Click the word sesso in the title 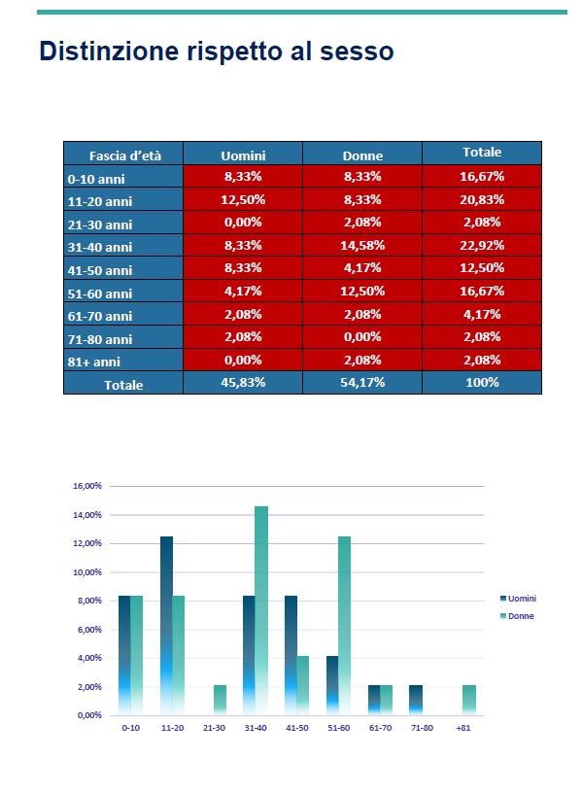[x=357, y=52]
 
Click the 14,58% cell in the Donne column [x=362, y=245]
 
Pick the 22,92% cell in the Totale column [x=481, y=245]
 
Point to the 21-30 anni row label [x=100, y=224]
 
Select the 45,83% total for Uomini [x=243, y=382]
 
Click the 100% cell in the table [x=481, y=382]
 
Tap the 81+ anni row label [x=93, y=362]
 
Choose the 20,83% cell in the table [x=481, y=200]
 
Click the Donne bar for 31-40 [x=261, y=610]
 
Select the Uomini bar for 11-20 [x=166, y=626]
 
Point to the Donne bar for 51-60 [x=344, y=626]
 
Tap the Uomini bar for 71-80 [x=416, y=700]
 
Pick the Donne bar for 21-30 [x=220, y=700]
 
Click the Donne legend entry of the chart [x=517, y=616]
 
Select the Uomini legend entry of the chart [x=518, y=599]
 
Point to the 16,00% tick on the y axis [x=87, y=486]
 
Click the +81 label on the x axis [x=463, y=728]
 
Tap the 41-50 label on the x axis [x=296, y=728]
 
